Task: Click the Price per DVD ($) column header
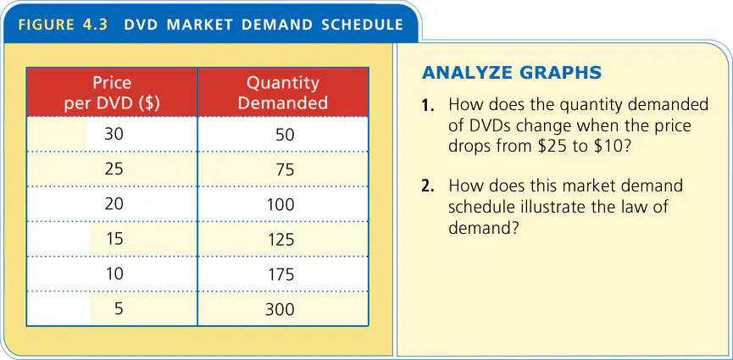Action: click(x=112, y=93)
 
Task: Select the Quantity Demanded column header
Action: click(x=283, y=92)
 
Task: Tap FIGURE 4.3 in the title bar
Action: click(x=63, y=25)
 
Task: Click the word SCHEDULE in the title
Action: click(x=363, y=25)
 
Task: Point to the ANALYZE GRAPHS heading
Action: click(x=512, y=73)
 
